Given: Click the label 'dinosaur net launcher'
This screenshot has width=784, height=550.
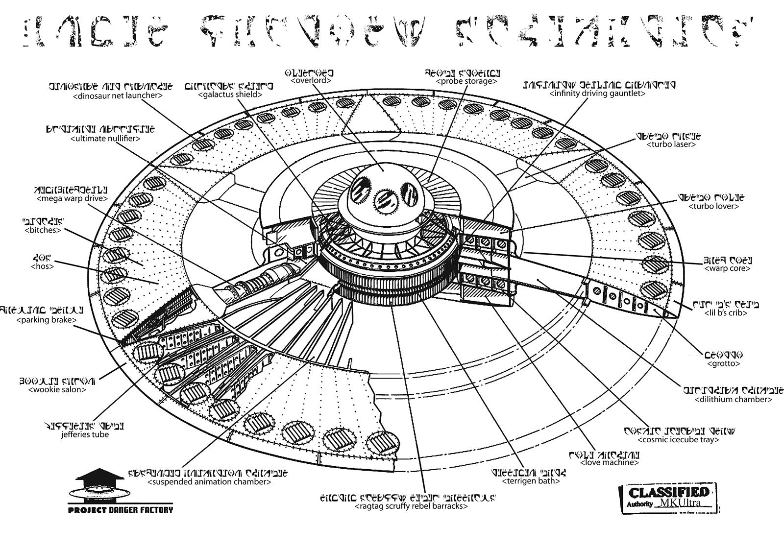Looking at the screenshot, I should [x=117, y=96].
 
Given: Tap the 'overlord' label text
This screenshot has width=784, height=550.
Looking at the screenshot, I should [x=311, y=80].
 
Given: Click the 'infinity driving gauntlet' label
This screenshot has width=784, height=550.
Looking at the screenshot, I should [x=597, y=93].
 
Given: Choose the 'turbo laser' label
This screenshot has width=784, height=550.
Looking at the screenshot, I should [x=671, y=144].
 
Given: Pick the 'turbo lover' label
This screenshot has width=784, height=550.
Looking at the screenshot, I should [x=713, y=206].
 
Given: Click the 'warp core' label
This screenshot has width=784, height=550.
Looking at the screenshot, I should [x=727, y=268].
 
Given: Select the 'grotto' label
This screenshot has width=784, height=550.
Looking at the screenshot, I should [x=723, y=363].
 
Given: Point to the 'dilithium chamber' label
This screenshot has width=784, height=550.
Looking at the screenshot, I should [x=733, y=399].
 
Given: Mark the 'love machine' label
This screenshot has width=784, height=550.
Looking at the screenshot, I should [x=610, y=462].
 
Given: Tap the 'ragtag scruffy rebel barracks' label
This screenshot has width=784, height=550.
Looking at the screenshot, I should [x=411, y=506].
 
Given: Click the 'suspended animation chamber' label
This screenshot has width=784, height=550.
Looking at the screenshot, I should [x=209, y=481].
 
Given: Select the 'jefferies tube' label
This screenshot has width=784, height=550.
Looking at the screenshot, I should [x=85, y=434].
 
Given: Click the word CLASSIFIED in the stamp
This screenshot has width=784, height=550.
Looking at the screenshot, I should [x=668, y=492].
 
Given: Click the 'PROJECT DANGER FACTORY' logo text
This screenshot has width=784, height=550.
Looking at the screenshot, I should [x=121, y=510].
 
